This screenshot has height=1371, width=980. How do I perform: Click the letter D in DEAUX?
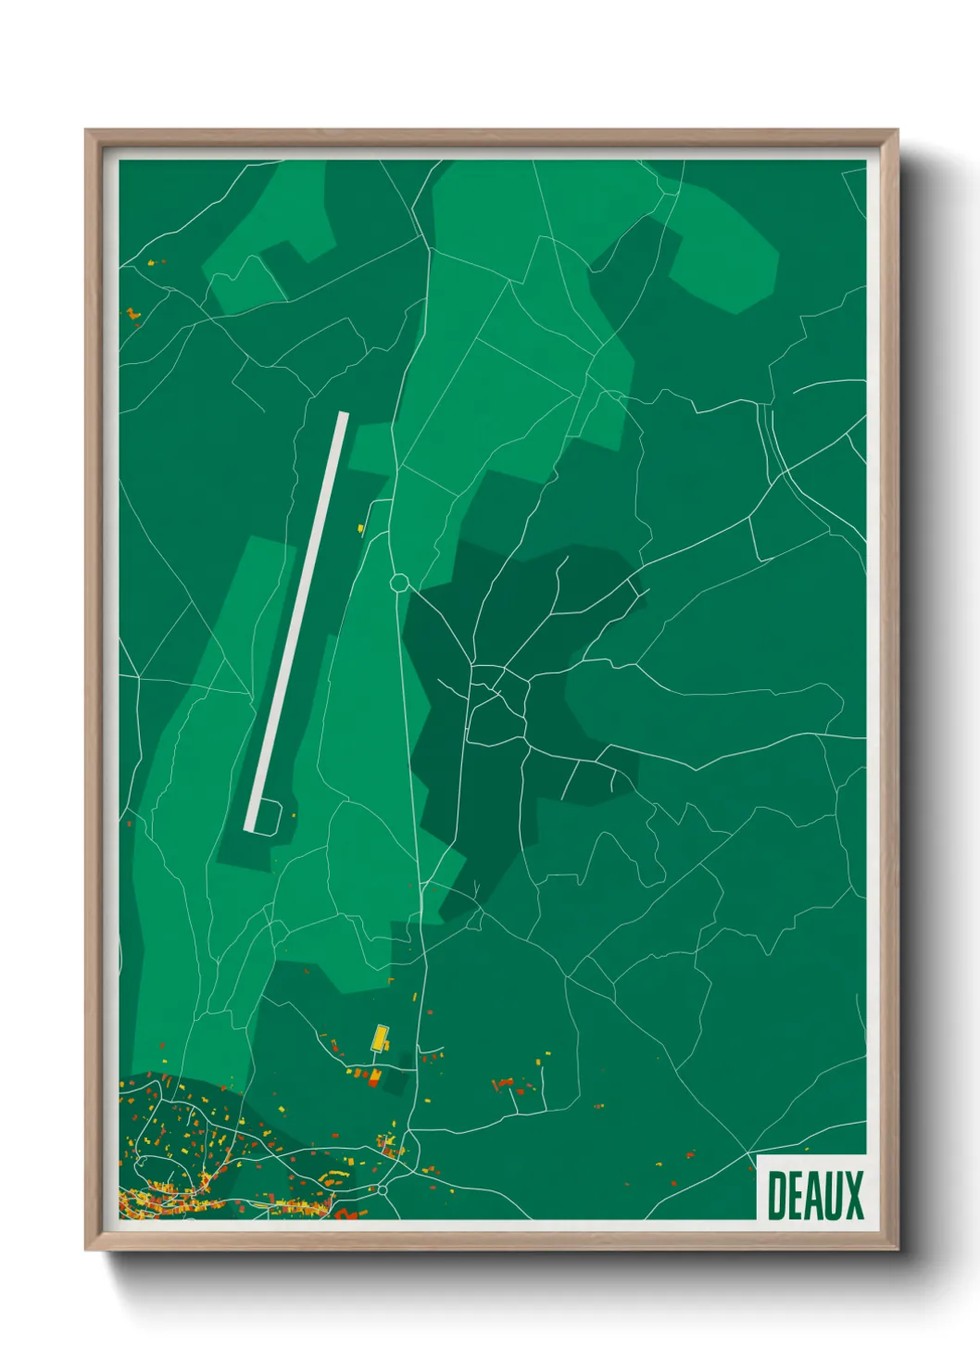(x=777, y=1196)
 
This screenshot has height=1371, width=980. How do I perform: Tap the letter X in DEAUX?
(x=853, y=1196)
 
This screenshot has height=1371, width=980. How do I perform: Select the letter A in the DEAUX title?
(x=815, y=1196)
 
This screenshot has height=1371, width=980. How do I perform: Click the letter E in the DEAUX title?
(x=796, y=1196)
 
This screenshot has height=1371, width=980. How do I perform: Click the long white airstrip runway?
(x=296, y=621)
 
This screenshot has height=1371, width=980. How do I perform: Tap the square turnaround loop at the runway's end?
(x=268, y=816)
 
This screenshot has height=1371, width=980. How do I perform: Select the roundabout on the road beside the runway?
(x=399, y=583)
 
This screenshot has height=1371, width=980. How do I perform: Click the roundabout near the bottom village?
(x=381, y=1189)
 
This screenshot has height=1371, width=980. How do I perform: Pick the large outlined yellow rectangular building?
(x=379, y=1038)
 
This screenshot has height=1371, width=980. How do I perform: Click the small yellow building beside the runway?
(x=361, y=529)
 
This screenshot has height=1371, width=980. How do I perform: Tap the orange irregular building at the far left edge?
(x=132, y=315)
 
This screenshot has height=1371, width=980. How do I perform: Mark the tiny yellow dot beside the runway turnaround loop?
(x=294, y=815)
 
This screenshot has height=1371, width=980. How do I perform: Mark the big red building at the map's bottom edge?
(x=345, y=1214)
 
